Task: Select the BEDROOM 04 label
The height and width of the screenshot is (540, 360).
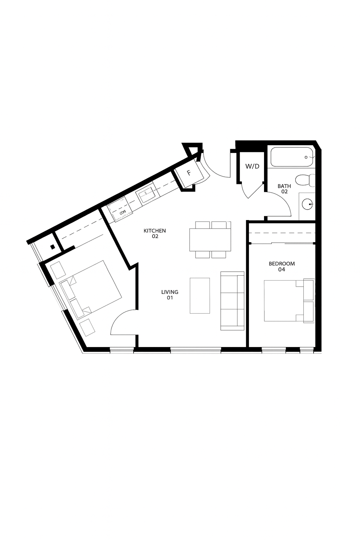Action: (282, 266)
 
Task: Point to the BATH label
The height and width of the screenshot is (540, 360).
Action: (284, 189)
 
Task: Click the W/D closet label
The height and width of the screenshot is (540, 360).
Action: (252, 166)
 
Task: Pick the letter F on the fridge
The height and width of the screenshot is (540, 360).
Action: (189, 173)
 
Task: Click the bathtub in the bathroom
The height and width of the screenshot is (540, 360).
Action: (291, 157)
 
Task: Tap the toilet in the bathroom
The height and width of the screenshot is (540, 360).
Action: (305, 180)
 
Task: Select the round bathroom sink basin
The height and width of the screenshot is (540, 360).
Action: (308, 204)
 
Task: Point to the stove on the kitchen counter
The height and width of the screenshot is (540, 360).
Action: (120, 209)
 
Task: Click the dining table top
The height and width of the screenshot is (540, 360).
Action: (210, 240)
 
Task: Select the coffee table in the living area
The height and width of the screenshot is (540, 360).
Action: (200, 296)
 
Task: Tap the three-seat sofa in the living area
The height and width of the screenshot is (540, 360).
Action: (232, 301)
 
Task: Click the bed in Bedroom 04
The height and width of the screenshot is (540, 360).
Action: (289, 300)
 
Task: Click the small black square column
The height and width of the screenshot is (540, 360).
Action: (52, 246)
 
